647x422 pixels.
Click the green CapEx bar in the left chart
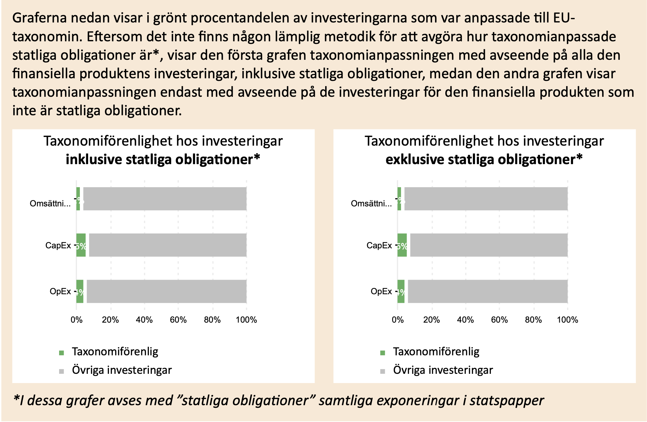tap(81, 245)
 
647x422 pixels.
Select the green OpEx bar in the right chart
tap(401, 291)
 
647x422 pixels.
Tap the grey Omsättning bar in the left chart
tap(165, 199)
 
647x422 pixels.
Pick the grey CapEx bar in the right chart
tap(489, 245)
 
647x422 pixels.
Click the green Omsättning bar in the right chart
tap(399, 199)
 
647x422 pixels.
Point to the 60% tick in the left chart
tap(178, 320)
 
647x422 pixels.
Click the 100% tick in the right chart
tap(567, 320)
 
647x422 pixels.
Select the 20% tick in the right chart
tap(431, 320)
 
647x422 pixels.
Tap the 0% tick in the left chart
tap(77, 320)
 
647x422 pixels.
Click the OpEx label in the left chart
tap(60, 291)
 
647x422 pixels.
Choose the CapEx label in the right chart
tap(379, 245)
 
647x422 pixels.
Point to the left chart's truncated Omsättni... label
tap(50, 203)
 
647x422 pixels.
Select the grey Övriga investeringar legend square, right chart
tap(383, 371)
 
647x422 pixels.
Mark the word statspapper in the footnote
tap(507, 401)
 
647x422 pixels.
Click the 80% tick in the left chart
tap(212, 320)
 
